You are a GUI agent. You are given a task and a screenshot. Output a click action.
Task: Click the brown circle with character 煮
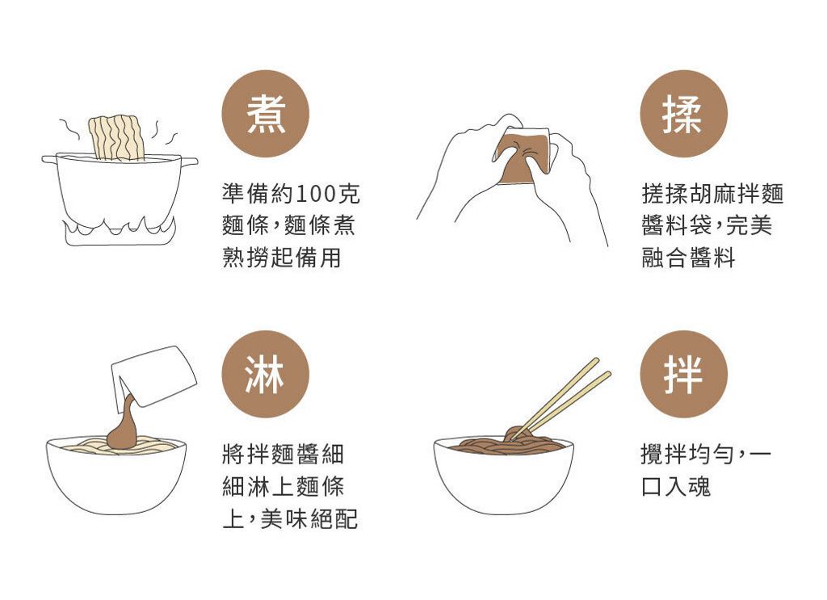coord(265,114)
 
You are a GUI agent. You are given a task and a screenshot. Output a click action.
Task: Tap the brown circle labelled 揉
coord(683,114)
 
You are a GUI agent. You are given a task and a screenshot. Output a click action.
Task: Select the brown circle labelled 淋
coord(265,374)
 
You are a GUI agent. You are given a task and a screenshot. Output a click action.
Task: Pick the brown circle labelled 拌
coord(683,374)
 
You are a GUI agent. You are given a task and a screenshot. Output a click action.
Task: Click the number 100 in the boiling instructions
coord(316,194)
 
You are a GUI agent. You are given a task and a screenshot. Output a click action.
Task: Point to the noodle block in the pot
coord(116,137)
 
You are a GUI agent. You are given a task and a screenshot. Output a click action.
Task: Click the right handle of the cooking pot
coord(189,162)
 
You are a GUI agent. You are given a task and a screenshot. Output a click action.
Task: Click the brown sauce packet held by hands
coord(523,157)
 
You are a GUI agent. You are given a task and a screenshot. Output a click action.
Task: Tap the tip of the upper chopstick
coord(597,360)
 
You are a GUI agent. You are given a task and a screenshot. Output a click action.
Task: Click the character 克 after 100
coord(348,194)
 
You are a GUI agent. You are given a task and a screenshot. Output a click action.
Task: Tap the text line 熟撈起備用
coord(282,258)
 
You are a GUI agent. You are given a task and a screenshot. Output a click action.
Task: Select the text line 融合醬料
coord(688,258)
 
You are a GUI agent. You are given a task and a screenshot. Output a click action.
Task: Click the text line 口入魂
coord(676,486)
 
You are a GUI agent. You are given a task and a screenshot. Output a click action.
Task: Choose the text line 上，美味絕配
coord(290,518)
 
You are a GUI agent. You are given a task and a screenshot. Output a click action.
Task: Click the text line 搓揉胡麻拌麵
coord(712,194)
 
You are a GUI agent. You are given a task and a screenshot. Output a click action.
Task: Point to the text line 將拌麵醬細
coord(283,454)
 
